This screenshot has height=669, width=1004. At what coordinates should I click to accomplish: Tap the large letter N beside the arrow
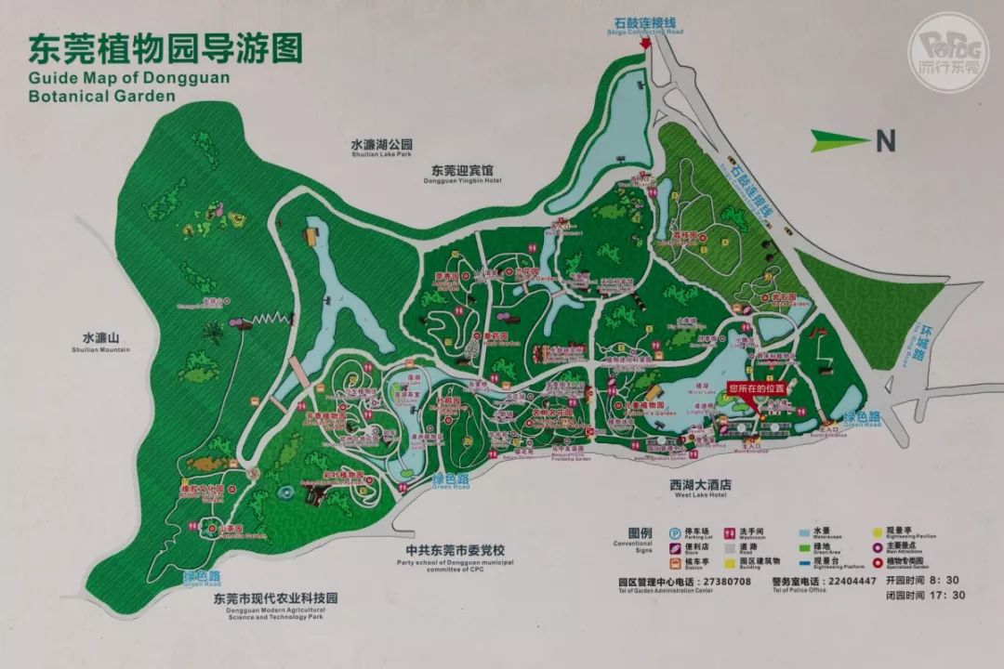coord(886,141)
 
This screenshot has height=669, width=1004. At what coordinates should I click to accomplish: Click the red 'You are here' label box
coord(757,387)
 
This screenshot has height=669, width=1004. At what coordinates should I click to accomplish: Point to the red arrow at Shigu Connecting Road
coord(647,44)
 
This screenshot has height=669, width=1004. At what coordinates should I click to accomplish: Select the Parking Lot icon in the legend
coord(674,533)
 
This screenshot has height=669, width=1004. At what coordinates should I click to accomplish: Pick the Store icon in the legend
coord(674,548)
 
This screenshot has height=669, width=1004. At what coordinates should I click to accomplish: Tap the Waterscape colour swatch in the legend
coord(805,533)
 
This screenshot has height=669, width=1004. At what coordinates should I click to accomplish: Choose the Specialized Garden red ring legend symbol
coord(878,561)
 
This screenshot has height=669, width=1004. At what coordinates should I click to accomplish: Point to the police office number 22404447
coord(850,581)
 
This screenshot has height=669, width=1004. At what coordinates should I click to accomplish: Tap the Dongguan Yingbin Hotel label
coord(466,174)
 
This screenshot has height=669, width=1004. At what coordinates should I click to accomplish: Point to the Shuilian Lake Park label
coord(380,149)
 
